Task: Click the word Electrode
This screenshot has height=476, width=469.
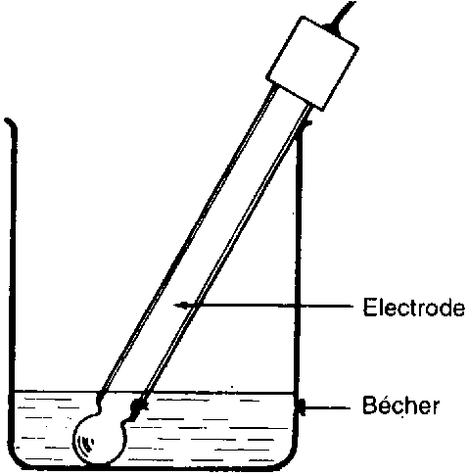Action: [414, 307]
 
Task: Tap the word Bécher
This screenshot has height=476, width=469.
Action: [400, 405]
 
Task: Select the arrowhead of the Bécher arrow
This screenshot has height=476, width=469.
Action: [303, 407]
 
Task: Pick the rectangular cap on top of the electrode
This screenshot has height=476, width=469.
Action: [312, 64]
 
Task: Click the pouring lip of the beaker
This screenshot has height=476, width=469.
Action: [11, 124]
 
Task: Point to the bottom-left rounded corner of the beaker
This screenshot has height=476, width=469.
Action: [17, 462]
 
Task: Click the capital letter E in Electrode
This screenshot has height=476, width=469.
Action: [369, 307]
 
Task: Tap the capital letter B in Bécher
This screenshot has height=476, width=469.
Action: [370, 405]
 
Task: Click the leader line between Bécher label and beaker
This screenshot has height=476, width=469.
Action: [328, 407]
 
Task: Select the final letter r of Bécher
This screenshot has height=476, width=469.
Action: [435, 408]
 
